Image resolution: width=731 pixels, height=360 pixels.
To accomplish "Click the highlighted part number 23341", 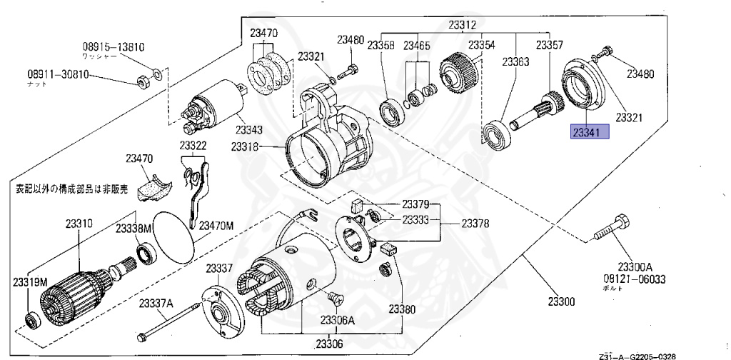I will tap(588, 132).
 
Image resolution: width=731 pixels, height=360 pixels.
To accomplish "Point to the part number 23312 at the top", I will tap(462, 25).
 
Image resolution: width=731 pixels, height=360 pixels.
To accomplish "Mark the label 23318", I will tap(245, 147).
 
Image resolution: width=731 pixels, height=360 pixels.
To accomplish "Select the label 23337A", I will tap(156, 304).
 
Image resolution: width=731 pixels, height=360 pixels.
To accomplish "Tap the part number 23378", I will tap(475, 224).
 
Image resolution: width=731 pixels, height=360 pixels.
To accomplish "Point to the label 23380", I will tap(402, 309).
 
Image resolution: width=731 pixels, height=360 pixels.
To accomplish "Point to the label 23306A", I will tap(337, 320).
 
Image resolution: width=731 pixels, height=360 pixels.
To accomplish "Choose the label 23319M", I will tap(29, 282).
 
